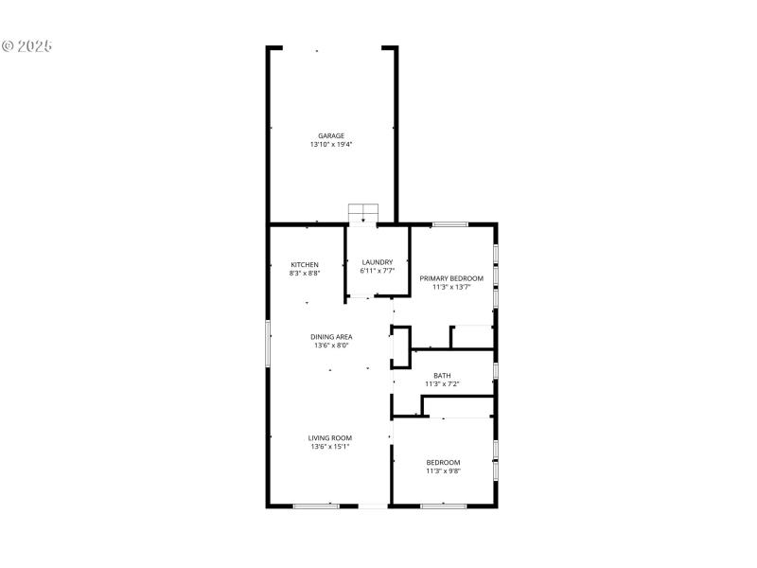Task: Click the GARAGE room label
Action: click(x=331, y=135)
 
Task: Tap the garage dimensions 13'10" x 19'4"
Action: click(x=331, y=145)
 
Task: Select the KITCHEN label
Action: click(x=305, y=264)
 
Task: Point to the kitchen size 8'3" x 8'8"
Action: click(x=305, y=274)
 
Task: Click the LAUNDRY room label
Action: click(x=377, y=262)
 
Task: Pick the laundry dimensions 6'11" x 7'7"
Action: click(x=377, y=272)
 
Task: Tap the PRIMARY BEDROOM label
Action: click(x=451, y=278)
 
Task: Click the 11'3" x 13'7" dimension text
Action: click(x=451, y=288)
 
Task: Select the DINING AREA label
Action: click(x=331, y=337)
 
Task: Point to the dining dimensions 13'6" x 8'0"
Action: click(x=331, y=346)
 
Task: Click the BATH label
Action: click(x=442, y=376)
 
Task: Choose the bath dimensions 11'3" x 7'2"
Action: click(x=442, y=385)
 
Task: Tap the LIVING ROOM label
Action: click(x=330, y=437)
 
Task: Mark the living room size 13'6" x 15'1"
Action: click(x=330, y=447)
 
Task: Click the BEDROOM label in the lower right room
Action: click(x=443, y=462)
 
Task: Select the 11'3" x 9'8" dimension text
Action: click(x=443, y=471)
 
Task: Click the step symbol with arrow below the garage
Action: click(x=362, y=215)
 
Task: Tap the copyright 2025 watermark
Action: click(x=26, y=45)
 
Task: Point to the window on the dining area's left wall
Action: click(x=269, y=343)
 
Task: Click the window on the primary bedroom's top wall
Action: click(x=450, y=224)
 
